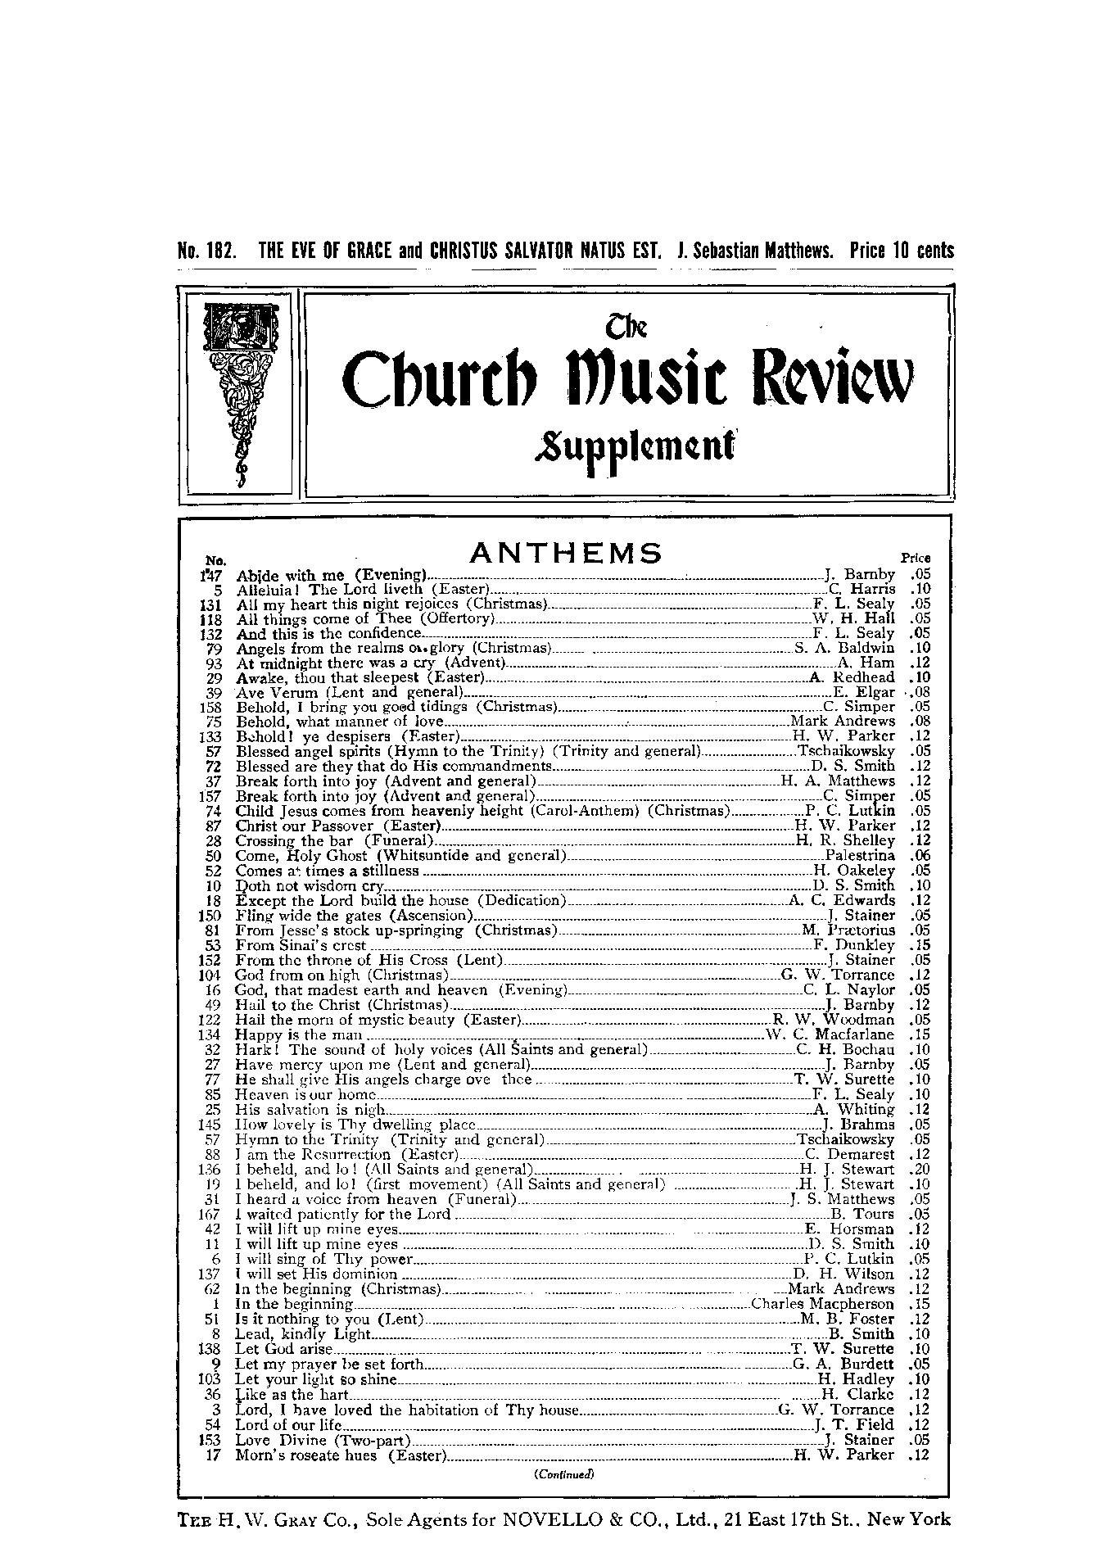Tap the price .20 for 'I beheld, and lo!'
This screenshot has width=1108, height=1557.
point(919,1170)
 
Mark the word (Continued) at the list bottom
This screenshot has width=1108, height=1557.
point(563,1473)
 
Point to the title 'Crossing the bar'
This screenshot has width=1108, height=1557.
point(295,841)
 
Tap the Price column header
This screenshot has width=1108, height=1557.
point(916,558)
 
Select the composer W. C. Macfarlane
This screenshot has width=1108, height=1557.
point(829,1035)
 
